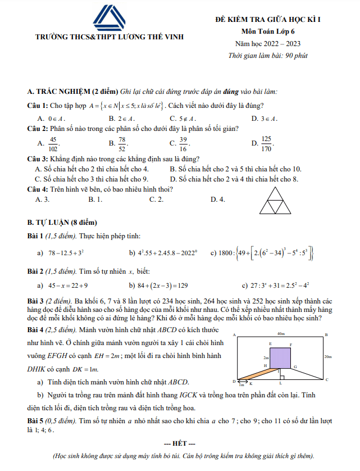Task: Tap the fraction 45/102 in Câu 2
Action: tap(53, 144)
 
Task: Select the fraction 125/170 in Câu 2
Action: tap(266, 144)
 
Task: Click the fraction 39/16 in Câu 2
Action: tap(184, 144)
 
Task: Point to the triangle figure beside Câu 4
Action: tap(275, 200)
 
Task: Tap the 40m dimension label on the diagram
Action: tap(281, 334)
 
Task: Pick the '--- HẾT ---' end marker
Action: tap(179, 444)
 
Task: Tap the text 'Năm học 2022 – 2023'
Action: tap(268, 43)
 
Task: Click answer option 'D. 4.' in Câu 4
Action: tap(217, 199)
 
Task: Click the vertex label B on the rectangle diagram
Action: tap(327, 335)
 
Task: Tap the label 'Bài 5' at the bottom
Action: tap(37, 420)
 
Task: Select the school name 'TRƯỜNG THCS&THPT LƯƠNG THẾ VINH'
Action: tap(110, 37)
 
